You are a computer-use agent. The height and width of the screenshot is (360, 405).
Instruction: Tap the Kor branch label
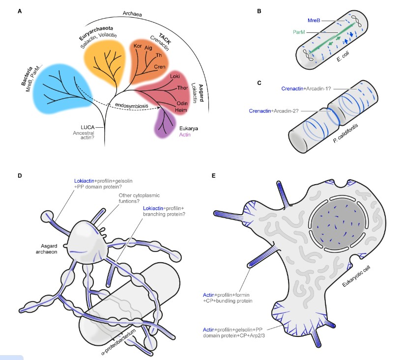pos(138,46)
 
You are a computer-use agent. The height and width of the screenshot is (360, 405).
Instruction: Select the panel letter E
pos(212,175)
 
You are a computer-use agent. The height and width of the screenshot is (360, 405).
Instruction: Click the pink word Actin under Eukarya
pos(185,134)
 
